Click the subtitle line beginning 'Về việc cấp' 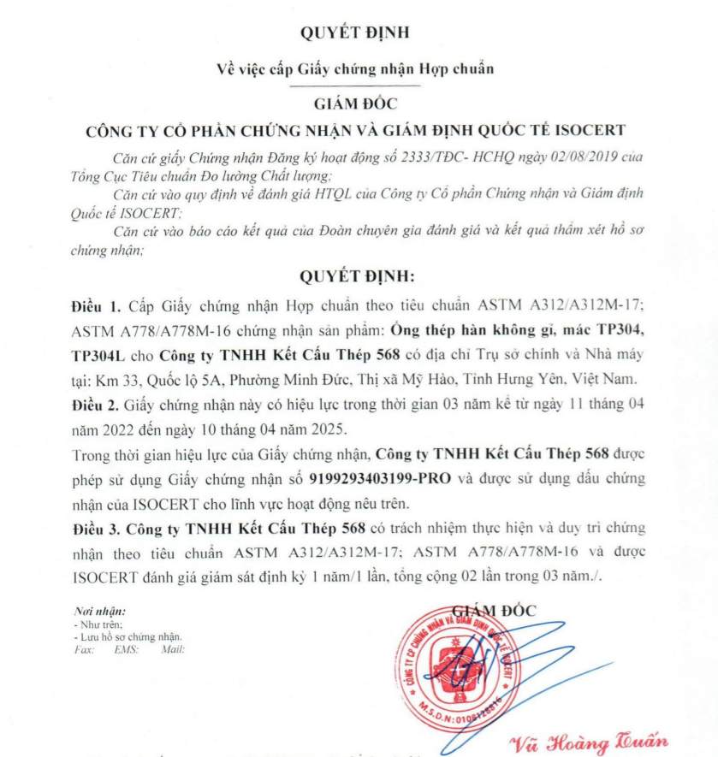(355, 68)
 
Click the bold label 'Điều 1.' (95, 305)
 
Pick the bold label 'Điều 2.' (95, 401)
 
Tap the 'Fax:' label (83, 649)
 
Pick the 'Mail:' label (172, 649)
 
